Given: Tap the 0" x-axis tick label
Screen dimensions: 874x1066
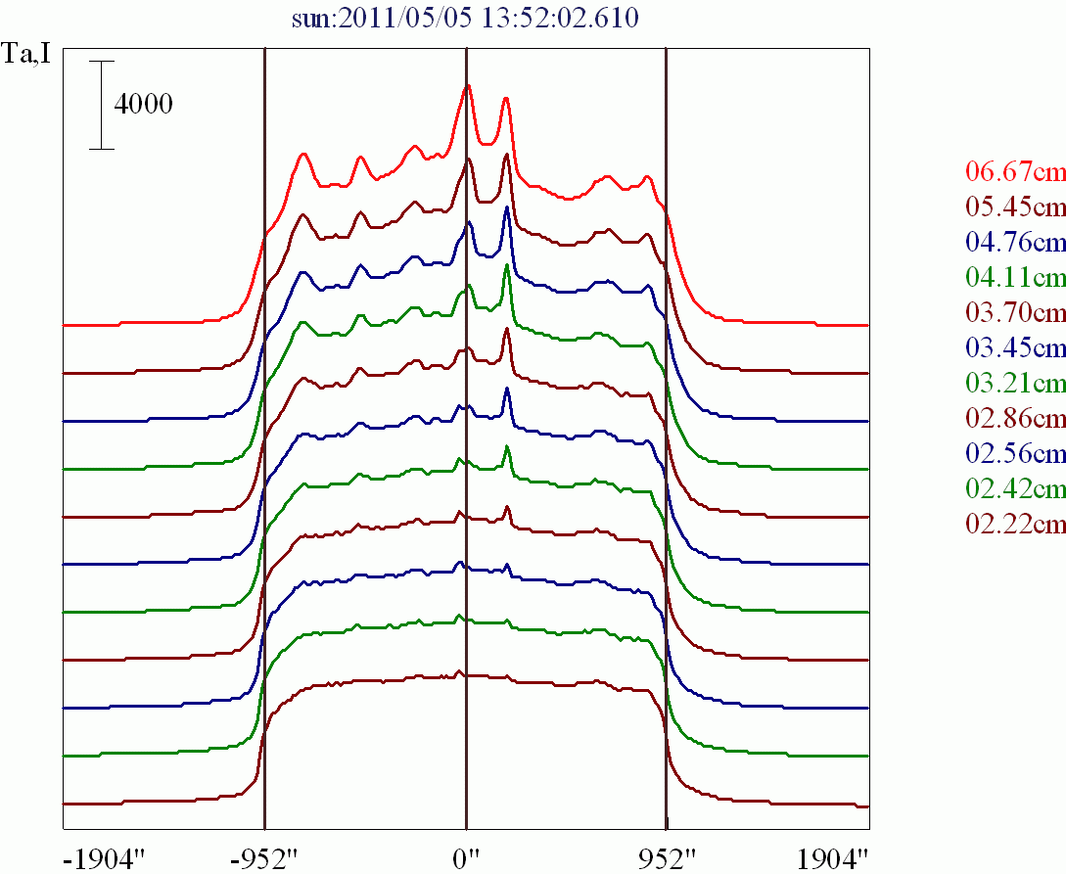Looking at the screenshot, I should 466,860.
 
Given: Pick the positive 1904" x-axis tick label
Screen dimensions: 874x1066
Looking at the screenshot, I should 832,860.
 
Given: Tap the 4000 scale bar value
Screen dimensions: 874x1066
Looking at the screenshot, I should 144,104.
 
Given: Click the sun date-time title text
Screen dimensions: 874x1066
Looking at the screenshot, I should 466,18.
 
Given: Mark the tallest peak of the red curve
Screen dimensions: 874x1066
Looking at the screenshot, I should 468,85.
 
